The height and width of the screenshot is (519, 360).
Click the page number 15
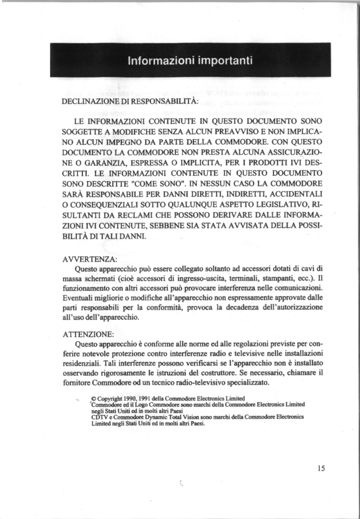pyautogui.click(x=320, y=468)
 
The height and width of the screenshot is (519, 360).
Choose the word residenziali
pyautogui.click(x=85, y=363)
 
